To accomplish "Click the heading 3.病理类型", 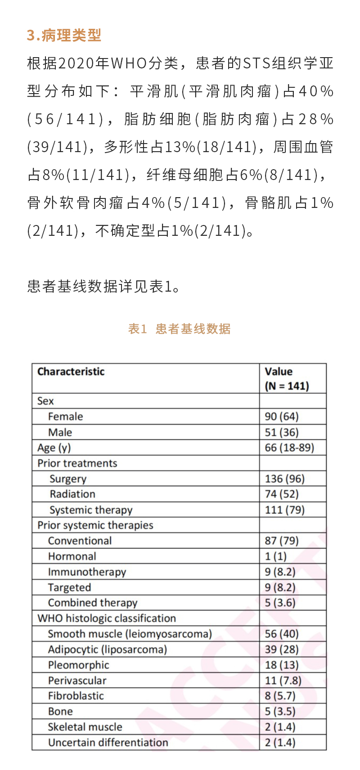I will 64,35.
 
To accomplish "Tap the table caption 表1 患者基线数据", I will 179,329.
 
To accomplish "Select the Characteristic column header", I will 71,372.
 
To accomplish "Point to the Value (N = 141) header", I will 287,379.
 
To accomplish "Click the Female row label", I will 66,417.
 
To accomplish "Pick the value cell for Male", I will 282,432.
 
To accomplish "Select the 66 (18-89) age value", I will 289,448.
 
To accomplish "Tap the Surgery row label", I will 68,479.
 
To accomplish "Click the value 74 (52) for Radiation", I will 282,494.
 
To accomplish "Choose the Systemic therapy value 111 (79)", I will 284,510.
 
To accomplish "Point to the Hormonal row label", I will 72,557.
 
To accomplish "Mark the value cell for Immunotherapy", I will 280,572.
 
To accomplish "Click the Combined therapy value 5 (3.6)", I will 280,603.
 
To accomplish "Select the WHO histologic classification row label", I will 107,618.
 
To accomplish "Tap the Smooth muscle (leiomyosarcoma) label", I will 130,634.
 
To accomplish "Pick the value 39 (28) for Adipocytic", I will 282,649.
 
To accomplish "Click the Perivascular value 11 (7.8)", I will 283,680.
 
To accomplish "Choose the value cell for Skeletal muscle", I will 280,727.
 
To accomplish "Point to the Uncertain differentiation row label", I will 108,743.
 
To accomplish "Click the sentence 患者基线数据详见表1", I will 103,287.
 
